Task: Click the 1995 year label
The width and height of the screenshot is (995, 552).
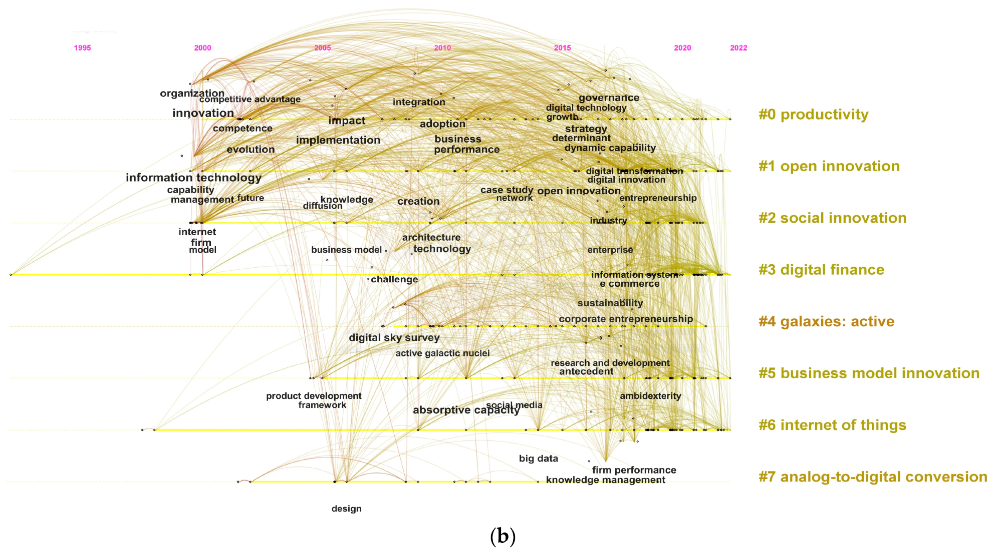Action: (82, 48)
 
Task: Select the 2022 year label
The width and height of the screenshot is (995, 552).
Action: (738, 48)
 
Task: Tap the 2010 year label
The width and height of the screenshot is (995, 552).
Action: (442, 48)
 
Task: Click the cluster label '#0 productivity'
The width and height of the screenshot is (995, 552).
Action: (813, 115)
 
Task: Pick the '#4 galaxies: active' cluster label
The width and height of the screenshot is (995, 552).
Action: (826, 321)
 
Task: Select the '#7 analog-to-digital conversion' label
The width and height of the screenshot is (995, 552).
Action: (872, 477)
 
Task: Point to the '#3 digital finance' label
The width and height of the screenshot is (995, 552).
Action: (821, 270)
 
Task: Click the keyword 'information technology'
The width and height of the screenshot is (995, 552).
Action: (193, 178)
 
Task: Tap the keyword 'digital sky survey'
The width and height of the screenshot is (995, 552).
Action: (394, 338)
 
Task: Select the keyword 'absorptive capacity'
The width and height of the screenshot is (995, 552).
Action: (466, 410)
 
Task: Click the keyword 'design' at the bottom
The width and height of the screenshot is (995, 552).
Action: (346, 509)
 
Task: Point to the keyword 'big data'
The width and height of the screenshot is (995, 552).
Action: (538, 458)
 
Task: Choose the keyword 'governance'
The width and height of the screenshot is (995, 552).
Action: (609, 98)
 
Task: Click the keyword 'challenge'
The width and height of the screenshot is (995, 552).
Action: (394, 279)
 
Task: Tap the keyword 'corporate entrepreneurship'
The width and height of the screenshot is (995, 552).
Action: (626, 319)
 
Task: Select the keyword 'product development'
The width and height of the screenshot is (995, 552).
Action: (314, 396)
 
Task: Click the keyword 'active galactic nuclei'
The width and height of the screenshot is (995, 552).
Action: (442, 353)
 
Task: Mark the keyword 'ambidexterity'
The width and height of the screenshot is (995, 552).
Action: (650, 396)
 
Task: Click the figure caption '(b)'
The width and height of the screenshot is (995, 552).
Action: (503, 536)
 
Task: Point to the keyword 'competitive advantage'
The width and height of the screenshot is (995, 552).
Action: (250, 100)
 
